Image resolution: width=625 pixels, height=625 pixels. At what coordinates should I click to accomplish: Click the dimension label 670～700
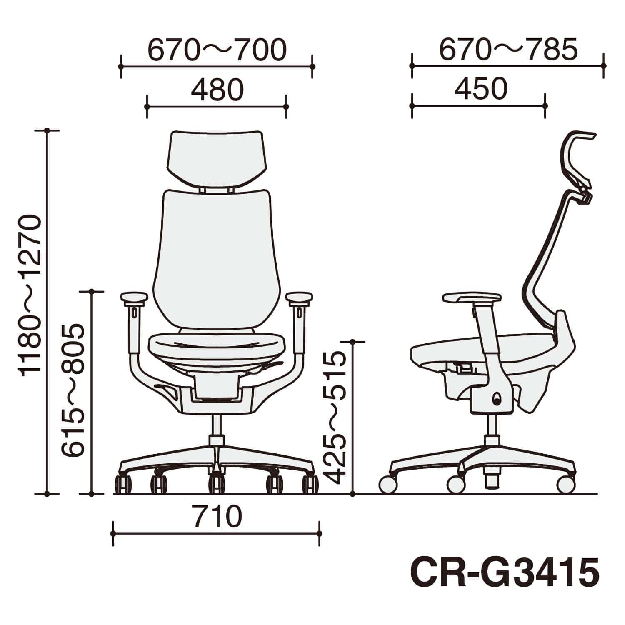click(x=217, y=50)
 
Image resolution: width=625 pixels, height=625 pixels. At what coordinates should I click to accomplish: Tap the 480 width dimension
click(x=217, y=90)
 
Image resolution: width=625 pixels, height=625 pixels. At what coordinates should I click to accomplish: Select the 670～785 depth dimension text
click(x=508, y=50)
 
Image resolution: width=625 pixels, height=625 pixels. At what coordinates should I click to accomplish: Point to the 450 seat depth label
click(x=481, y=89)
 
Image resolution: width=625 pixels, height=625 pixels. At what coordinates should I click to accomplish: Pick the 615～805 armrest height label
click(x=73, y=391)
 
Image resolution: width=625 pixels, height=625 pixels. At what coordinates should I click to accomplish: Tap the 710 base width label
click(x=217, y=516)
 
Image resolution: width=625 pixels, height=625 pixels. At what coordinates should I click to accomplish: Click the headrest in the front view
click(x=217, y=157)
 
